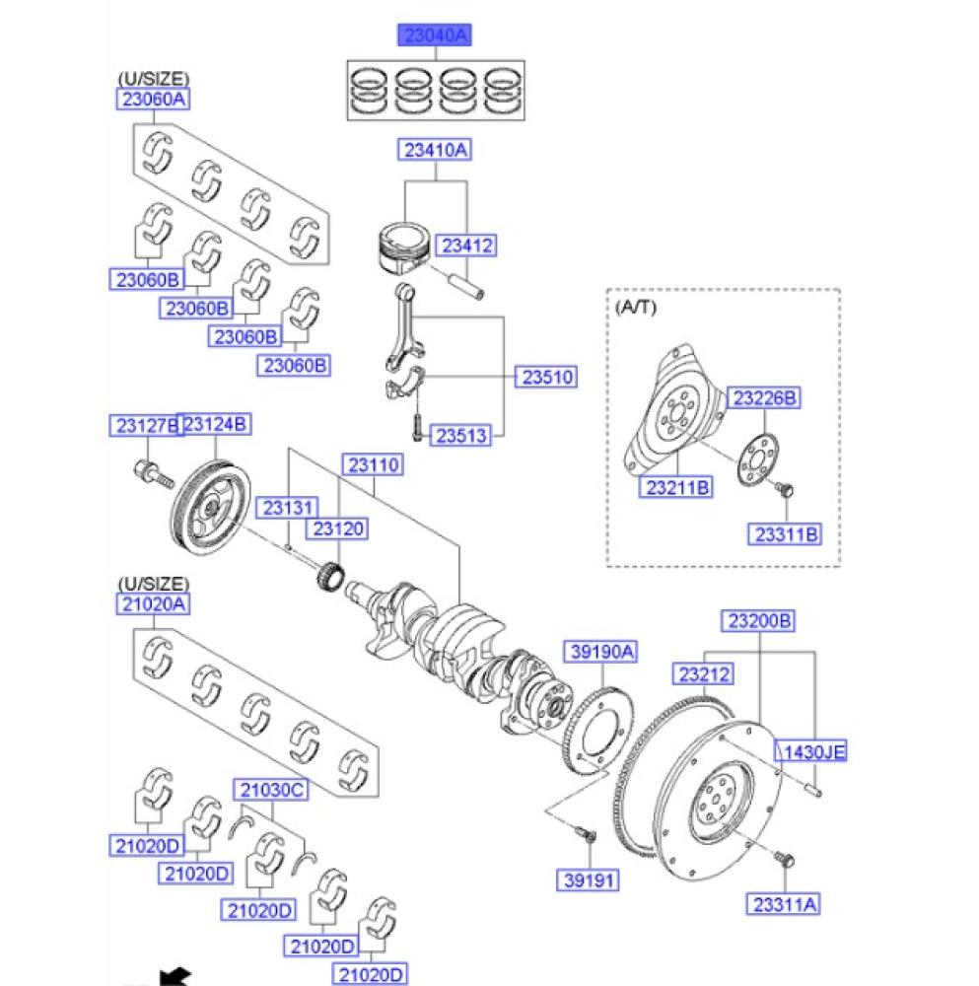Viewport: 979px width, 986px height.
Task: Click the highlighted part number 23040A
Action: [435, 35]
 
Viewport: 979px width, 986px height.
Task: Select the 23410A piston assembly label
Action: [435, 150]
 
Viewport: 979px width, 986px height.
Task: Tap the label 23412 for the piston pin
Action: [466, 246]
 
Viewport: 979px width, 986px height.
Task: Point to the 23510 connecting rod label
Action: [546, 377]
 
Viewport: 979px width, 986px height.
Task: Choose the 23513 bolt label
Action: [460, 435]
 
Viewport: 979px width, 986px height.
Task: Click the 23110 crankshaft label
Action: [373, 464]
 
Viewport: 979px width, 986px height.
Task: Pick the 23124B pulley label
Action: [214, 424]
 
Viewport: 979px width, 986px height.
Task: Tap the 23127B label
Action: [146, 426]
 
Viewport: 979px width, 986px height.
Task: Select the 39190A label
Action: [601, 652]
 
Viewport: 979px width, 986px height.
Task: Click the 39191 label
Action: [588, 880]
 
